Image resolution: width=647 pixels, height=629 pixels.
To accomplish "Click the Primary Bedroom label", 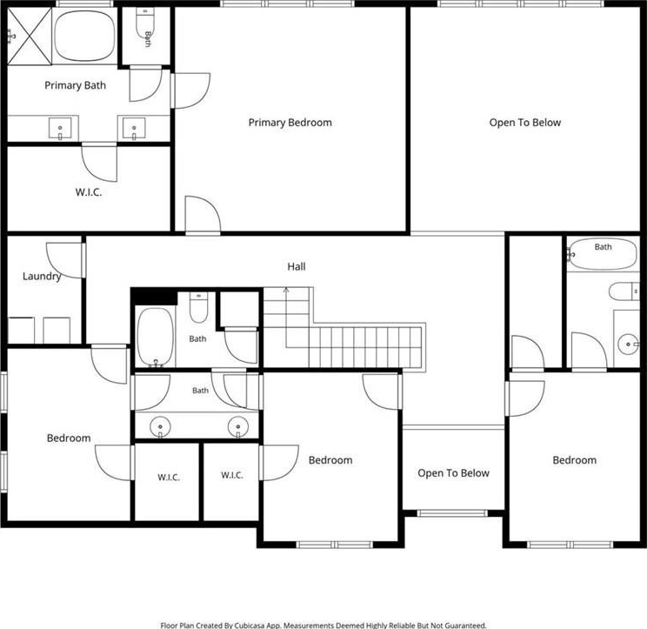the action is click(x=290, y=123).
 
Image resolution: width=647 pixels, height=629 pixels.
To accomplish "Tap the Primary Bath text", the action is click(x=75, y=85).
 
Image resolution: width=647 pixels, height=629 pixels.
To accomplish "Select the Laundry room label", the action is click(x=42, y=276).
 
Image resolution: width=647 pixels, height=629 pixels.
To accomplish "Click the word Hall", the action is click(x=297, y=266).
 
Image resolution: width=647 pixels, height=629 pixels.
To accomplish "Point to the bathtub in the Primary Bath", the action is click(x=84, y=35).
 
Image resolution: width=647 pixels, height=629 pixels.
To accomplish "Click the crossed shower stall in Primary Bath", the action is click(x=30, y=37).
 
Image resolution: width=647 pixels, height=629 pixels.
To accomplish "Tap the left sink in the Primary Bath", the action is click(x=60, y=129).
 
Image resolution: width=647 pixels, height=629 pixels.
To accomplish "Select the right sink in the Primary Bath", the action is click(x=134, y=129).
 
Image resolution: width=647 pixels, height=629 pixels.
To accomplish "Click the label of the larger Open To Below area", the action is click(x=525, y=123).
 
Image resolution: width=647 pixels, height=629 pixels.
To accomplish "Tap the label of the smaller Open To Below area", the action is click(x=453, y=473).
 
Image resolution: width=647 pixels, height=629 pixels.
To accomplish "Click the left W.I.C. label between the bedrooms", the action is click(x=169, y=478).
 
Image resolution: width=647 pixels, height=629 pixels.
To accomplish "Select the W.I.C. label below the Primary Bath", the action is click(x=89, y=192).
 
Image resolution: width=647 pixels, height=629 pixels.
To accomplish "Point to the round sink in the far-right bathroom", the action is click(x=627, y=345).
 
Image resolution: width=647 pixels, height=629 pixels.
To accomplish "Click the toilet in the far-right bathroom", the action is click(x=624, y=291).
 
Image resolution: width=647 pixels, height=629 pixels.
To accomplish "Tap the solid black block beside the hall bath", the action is click(x=154, y=297).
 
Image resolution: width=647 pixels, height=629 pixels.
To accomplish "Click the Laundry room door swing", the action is click(x=64, y=260).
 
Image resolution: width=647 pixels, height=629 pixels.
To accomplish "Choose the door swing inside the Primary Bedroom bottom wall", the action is click(x=203, y=214).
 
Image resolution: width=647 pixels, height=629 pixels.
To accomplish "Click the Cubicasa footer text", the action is click(x=323, y=626).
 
